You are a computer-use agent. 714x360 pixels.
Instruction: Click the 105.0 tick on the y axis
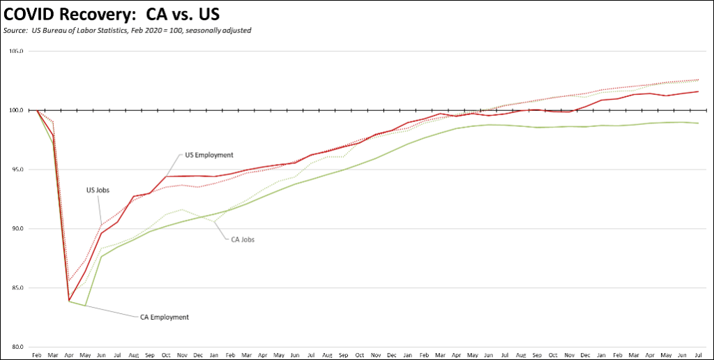(x=16, y=52)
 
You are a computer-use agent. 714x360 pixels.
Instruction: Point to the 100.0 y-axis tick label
(x=16, y=110)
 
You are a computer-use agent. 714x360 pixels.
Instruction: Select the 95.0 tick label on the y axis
(x=17, y=170)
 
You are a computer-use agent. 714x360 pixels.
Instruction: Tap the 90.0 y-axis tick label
(x=17, y=229)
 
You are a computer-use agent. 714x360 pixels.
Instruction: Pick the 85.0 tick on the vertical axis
(x=17, y=288)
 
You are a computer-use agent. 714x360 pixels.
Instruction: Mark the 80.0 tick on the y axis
(x=17, y=347)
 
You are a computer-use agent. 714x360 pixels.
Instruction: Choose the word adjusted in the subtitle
(x=238, y=31)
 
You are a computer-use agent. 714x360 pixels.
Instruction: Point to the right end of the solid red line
(x=699, y=91)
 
